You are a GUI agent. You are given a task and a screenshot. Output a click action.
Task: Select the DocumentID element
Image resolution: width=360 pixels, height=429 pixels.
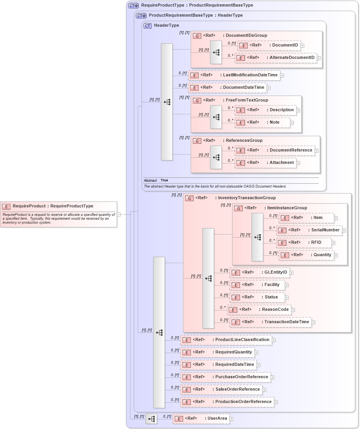coord(269,45)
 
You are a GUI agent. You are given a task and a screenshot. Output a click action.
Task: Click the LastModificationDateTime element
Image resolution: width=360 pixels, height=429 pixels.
coord(234,75)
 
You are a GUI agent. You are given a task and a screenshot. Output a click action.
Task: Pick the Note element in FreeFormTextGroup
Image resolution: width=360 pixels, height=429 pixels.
coord(263,122)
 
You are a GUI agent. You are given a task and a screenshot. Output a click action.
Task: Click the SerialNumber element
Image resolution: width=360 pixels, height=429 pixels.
coord(309,230)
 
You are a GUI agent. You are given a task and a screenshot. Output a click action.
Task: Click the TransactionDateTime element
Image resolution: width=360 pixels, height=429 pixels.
coord(271,322)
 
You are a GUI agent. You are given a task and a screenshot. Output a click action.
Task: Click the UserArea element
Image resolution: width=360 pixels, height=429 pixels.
coord(201,419)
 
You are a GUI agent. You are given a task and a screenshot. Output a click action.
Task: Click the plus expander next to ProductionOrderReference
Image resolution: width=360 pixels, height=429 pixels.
coord(276,402)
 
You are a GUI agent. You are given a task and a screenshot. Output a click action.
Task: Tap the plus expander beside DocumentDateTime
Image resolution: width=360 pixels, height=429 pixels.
coord(269,88)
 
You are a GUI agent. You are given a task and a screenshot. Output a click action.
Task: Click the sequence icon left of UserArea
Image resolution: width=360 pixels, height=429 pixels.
coord(151,419)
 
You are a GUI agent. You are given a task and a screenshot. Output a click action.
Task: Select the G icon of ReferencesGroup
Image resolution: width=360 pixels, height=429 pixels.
coord(197,141)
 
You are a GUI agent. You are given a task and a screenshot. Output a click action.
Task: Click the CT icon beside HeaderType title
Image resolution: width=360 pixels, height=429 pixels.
coord(147,26)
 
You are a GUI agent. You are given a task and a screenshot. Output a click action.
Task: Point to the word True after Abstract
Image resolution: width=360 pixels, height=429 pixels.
coord(164,181)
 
